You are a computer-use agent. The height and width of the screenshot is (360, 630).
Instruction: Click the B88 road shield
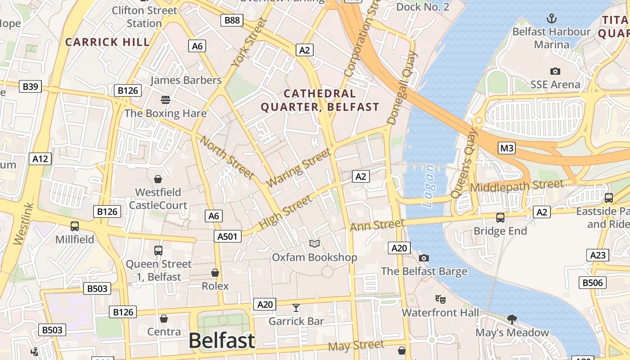point(232,20)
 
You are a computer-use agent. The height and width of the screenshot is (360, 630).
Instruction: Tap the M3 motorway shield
point(507,148)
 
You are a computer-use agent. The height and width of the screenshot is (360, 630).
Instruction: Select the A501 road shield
point(228,236)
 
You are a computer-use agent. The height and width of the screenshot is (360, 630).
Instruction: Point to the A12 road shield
point(40,158)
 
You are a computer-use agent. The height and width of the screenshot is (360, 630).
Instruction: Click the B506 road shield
point(592,283)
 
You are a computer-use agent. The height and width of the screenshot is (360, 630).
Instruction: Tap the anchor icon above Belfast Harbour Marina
point(551,18)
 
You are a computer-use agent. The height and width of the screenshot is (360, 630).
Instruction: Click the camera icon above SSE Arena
point(555,71)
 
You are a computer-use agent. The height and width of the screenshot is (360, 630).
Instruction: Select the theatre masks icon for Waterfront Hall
point(440,299)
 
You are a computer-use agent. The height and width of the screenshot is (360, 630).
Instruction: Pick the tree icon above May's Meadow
point(512,319)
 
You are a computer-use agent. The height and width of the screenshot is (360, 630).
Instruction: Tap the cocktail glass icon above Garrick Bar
point(296,308)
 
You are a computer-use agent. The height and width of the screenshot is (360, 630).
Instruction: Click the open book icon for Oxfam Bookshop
point(315,243)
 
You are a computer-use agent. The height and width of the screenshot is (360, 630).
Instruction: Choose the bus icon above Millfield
point(75,226)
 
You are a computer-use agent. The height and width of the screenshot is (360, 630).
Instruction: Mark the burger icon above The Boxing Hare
point(166,99)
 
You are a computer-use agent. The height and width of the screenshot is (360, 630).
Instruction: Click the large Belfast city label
point(222,340)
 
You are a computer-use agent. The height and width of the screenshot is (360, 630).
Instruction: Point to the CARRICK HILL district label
point(108,42)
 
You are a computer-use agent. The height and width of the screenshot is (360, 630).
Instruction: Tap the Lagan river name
point(429,185)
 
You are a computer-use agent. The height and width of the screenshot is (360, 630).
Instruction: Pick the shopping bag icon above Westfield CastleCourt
point(158,179)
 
